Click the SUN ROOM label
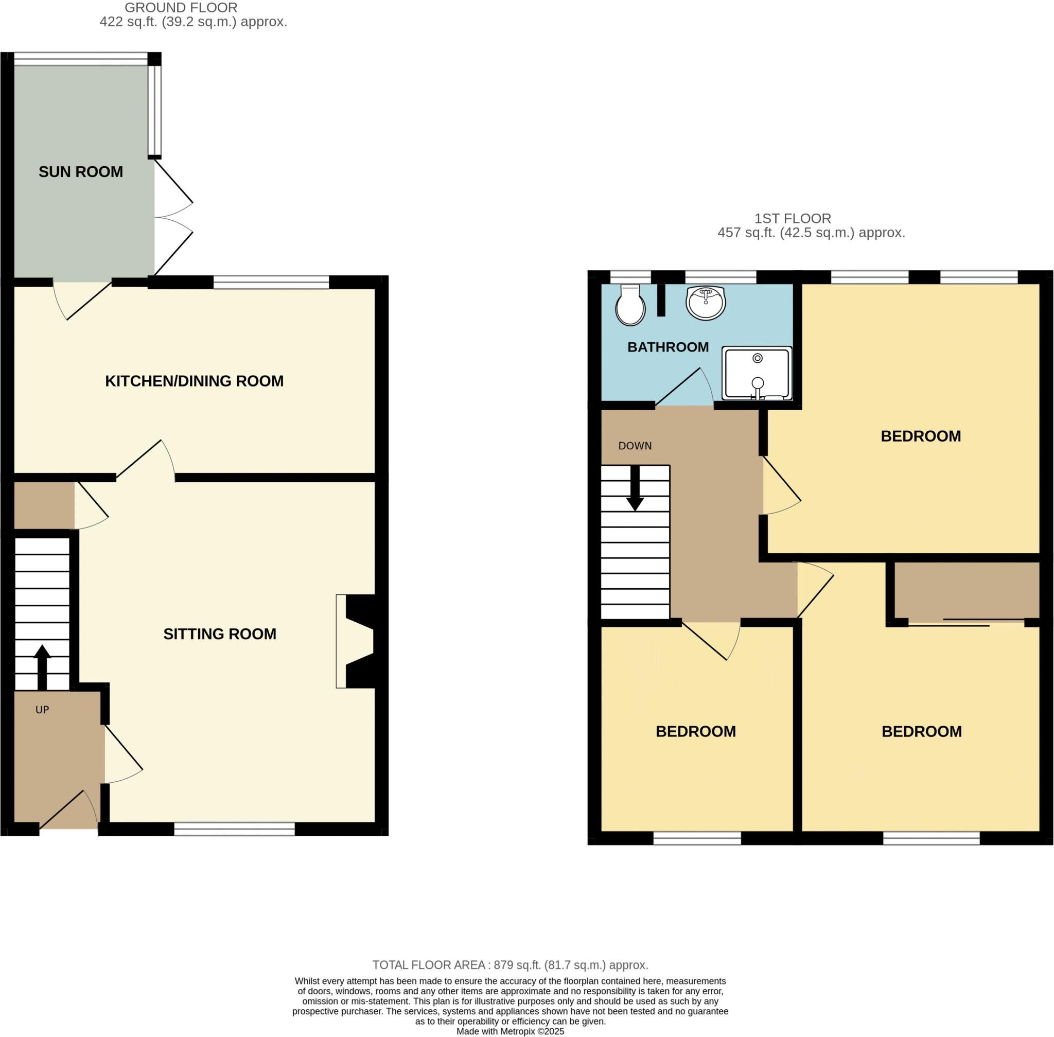pyautogui.click(x=81, y=171)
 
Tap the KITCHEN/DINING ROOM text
pyautogui.click(x=194, y=381)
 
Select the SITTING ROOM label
pyautogui.click(x=220, y=634)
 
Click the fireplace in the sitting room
pyautogui.click(x=357, y=641)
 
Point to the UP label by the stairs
pyautogui.click(x=42, y=710)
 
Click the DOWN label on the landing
pyautogui.click(x=635, y=446)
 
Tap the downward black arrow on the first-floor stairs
pyautogui.click(x=635, y=487)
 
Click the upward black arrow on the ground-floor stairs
pyautogui.click(x=42, y=666)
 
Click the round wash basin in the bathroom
pyautogui.click(x=706, y=302)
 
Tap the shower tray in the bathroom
pyautogui.click(x=757, y=373)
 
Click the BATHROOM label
pyautogui.click(x=668, y=347)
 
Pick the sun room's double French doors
pyautogui.click(x=173, y=218)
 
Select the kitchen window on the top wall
pyautogui.click(x=271, y=282)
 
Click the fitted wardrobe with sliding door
pyautogui.click(x=967, y=591)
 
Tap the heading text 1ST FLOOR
pyautogui.click(x=792, y=218)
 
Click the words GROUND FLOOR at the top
pyautogui.click(x=181, y=8)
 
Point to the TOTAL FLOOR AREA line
pyautogui.click(x=510, y=965)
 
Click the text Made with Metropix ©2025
pyautogui.click(x=510, y=1031)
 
